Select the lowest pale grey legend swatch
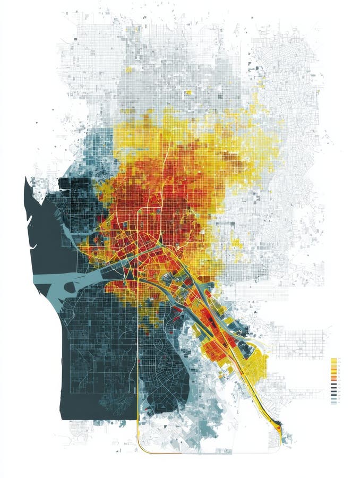coord(334,402)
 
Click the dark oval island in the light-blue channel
coord(69,287)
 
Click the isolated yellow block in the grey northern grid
coord(188,92)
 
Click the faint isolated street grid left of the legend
coord(303,340)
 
